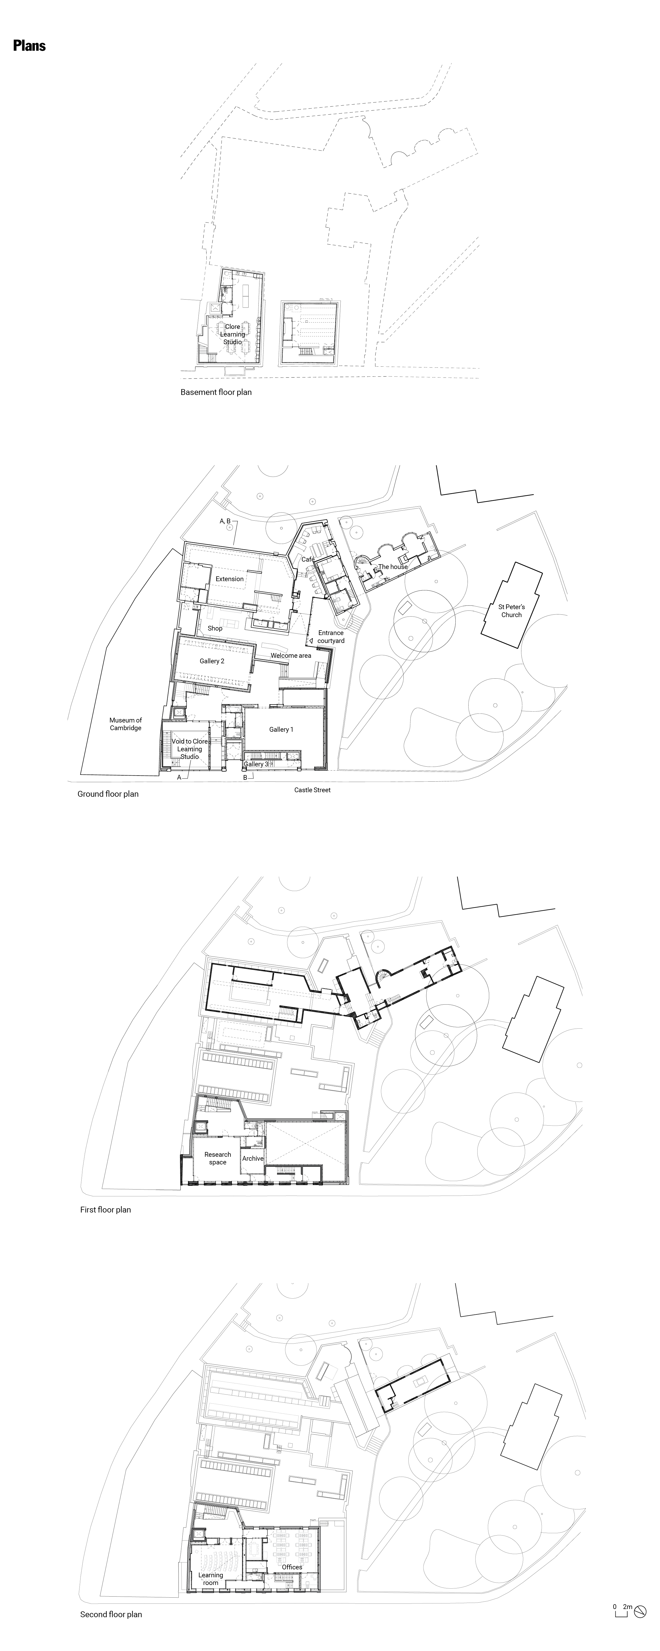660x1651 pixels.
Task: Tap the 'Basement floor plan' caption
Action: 216,392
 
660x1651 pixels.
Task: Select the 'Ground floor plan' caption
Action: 108,794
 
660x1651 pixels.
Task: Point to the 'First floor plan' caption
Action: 105,1210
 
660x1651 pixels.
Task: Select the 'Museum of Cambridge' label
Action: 126,724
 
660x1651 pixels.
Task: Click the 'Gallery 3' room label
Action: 256,764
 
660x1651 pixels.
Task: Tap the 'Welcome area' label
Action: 291,656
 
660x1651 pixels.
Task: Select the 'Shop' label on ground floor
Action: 215,629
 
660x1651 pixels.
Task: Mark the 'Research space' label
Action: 218,1158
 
